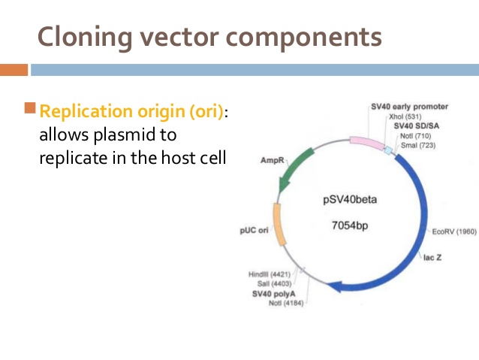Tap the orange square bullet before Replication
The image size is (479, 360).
pyautogui.click(x=30, y=109)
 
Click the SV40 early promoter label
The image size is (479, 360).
pyautogui.click(x=409, y=107)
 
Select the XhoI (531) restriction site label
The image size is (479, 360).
pyautogui.click(x=405, y=116)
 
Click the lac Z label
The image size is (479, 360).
pyautogui.click(x=433, y=257)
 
